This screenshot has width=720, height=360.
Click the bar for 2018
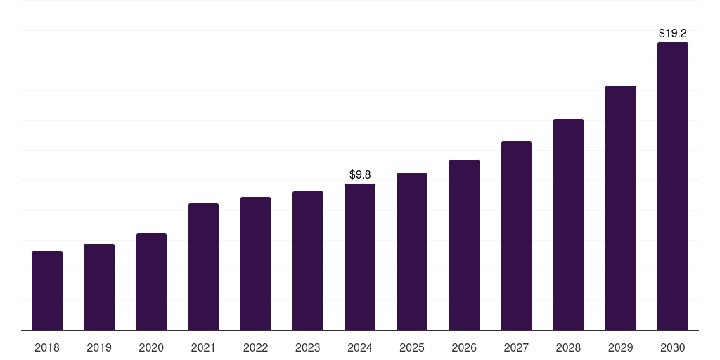[47, 290]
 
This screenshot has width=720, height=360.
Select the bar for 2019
[99, 287]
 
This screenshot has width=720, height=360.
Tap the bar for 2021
[203, 266]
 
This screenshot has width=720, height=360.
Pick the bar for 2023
[308, 261]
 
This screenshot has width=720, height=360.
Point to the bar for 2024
[360, 257]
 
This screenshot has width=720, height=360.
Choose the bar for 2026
[464, 245]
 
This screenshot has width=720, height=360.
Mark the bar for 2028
[568, 224]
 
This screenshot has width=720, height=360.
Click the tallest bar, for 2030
[673, 186]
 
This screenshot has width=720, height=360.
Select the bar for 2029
[621, 208]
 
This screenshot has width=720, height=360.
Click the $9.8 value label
[360, 174]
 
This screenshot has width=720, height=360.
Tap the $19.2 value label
[673, 33]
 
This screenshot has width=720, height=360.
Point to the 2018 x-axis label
[47, 347]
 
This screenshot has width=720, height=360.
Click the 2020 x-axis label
[151, 347]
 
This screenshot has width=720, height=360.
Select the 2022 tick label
[255, 347]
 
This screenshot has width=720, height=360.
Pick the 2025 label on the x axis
[412, 347]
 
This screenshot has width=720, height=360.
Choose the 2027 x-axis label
[516, 347]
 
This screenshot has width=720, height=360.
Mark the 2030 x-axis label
[673, 347]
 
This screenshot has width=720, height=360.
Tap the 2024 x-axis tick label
[360, 347]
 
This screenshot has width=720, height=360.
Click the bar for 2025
[412, 252]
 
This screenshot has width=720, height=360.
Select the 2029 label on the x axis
[621, 347]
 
